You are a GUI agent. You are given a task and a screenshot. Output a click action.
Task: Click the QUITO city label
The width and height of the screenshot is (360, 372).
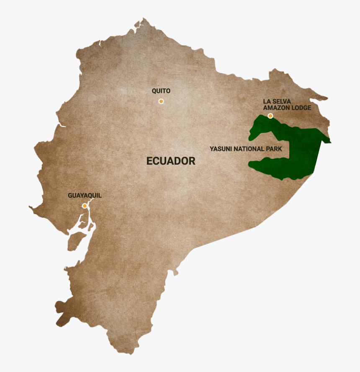pos(161,91)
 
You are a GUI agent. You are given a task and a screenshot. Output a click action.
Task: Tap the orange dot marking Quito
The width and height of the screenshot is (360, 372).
pos(161,101)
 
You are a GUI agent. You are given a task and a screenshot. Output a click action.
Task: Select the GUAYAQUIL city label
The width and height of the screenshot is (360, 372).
pos(85,196)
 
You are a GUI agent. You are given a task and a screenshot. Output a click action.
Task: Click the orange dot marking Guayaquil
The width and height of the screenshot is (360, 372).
pos(85,206)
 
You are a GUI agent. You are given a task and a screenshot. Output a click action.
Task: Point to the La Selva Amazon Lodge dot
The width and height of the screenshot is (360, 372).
pos(270,116)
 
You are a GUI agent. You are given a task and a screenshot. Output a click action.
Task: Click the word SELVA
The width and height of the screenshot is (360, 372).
pos(282,102)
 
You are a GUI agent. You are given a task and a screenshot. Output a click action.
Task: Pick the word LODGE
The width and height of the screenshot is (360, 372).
pos(301,108)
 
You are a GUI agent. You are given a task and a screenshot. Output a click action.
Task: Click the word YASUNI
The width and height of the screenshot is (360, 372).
pos(221,149)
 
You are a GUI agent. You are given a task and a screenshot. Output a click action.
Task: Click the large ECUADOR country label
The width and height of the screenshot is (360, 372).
pos(171,161)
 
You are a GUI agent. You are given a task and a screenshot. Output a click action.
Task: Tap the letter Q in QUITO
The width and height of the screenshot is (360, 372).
pos(154,91)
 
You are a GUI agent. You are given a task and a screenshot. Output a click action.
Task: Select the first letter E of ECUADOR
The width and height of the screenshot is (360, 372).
pos(149,161)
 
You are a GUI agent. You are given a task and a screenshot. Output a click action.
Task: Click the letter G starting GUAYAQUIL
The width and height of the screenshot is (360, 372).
pos(70,196)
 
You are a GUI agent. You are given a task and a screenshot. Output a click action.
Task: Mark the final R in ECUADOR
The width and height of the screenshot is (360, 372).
pos(192,161)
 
